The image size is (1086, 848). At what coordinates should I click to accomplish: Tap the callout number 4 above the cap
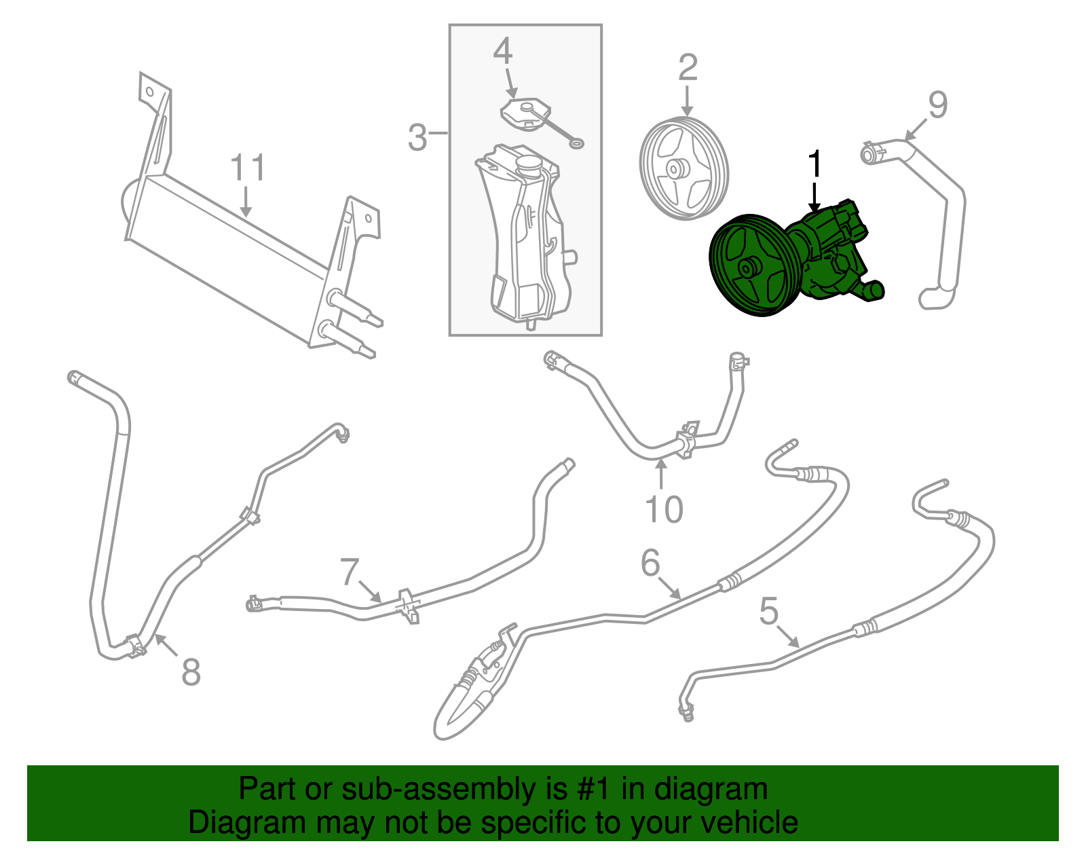[x=502, y=52]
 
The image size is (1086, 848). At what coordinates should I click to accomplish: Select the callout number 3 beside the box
[x=417, y=138]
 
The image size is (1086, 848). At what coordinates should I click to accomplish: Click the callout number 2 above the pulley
[x=688, y=69]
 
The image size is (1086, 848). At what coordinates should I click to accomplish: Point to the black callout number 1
[x=814, y=165]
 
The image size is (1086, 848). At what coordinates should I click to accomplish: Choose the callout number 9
[x=937, y=106]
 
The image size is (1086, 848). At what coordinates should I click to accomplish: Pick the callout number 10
[x=663, y=509]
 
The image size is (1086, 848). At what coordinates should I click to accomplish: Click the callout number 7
[x=349, y=572]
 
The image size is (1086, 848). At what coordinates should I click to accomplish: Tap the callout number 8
[x=191, y=672]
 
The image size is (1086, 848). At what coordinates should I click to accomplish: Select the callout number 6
[x=650, y=564]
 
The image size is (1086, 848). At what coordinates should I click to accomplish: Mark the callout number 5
[x=768, y=612]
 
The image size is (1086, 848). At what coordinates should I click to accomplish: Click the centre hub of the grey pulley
[x=675, y=168]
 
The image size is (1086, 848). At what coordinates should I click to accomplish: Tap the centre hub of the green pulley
[x=747, y=269]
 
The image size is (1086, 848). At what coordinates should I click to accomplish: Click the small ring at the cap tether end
[x=577, y=143]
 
